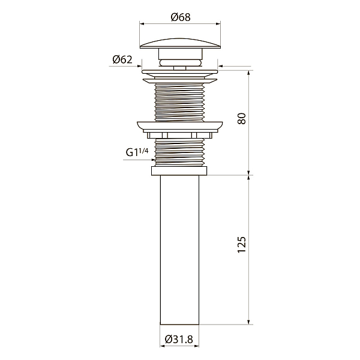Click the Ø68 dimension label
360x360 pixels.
pyautogui.click(x=181, y=17)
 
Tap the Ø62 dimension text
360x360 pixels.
pyautogui.click(x=122, y=59)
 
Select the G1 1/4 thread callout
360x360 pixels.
pyautogui.click(x=137, y=152)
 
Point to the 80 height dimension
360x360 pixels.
pyautogui.click(x=242, y=119)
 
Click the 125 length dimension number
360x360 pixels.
pyautogui.click(x=242, y=245)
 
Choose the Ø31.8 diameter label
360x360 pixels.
pyautogui.click(x=179, y=339)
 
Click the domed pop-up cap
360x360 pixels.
pyautogui.click(x=180, y=44)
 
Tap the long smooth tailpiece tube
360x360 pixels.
pyautogui.click(x=179, y=250)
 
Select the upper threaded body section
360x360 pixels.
pyautogui.click(x=180, y=103)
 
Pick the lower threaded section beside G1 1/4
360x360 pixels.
pyautogui.click(x=180, y=152)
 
